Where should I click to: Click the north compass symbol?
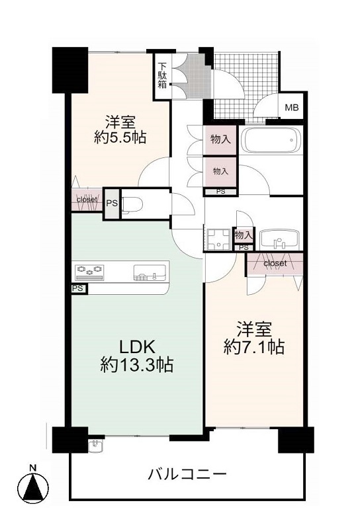33,487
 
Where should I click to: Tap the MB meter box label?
292,108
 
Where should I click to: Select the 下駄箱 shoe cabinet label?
162,75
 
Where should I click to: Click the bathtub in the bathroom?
271,140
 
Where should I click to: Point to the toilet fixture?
132,204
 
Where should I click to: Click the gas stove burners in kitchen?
90,270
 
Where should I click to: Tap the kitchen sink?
150,273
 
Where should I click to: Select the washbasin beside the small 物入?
280,239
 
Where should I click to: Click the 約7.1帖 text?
254,347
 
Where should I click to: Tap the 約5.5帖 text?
120,137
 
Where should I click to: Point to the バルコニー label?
187,474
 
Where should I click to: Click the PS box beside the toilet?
112,204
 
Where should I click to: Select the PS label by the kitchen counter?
78,289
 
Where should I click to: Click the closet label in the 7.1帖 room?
275,264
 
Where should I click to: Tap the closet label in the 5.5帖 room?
87,200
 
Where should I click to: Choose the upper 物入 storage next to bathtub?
220,140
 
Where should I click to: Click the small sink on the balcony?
96,446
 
